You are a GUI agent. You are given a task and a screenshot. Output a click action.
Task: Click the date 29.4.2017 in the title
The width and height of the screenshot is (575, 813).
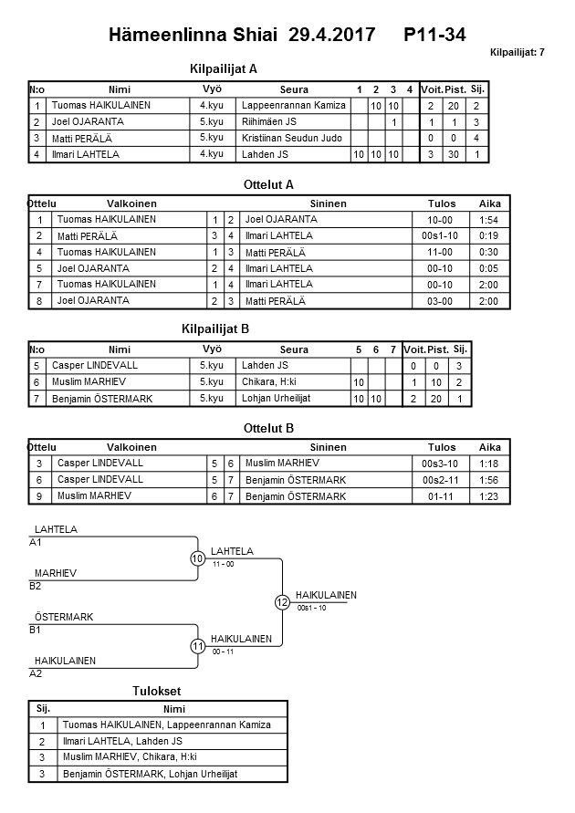point(331,35)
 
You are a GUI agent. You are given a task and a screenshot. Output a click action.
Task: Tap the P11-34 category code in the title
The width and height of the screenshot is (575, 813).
point(434,35)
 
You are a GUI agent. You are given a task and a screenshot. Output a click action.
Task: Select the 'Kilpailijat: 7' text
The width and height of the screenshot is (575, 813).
point(517,52)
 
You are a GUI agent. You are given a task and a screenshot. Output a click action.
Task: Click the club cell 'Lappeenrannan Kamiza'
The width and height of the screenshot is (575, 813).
point(294,106)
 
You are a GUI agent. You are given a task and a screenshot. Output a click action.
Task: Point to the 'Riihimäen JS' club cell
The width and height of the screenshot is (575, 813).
point(270,121)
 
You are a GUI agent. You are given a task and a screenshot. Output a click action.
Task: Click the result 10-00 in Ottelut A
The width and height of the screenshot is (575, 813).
point(442,220)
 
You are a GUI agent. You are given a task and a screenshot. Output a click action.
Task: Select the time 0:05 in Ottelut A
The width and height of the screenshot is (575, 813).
point(489,268)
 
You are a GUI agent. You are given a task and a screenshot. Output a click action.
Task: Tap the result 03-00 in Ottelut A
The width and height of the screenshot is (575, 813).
point(442,300)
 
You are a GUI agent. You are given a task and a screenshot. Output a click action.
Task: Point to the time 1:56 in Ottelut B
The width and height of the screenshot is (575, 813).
point(489,480)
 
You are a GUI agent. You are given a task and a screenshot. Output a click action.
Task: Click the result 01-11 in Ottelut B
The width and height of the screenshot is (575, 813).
point(442,496)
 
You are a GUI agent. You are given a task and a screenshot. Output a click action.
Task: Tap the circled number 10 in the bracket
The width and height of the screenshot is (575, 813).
point(197,558)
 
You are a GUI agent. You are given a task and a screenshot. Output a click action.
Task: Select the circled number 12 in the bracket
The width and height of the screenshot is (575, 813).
point(282,602)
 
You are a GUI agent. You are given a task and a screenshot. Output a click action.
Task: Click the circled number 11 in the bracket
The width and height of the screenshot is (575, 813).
point(197,646)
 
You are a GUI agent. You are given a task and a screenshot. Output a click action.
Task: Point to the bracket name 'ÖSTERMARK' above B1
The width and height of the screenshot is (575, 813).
point(64,618)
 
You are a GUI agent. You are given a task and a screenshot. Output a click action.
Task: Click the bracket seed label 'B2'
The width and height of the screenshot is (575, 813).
point(36,586)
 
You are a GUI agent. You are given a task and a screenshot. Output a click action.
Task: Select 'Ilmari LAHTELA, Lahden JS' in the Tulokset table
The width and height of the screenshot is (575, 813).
point(122,741)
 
